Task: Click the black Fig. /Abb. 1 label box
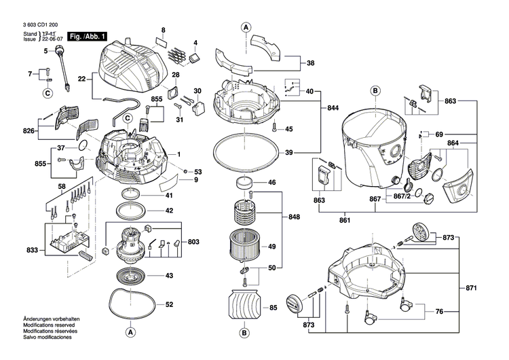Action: coord(87,37)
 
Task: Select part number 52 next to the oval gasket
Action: coord(169,304)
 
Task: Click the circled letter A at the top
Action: coord(246,28)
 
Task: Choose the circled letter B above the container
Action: coord(375,91)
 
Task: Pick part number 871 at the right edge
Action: coord(471,288)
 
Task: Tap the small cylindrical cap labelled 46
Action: coord(244,183)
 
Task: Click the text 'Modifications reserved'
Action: coord(49,325)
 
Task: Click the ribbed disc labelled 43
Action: coord(131,276)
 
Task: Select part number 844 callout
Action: coord(332,108)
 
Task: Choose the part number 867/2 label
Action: coord(402,196)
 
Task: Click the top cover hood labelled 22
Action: coord(133,67)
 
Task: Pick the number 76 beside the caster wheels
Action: coord(439,312)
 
